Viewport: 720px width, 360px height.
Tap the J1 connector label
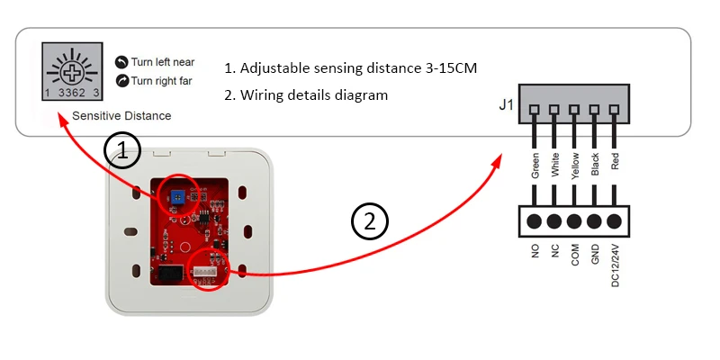pyautogui.click(x=507, y=106)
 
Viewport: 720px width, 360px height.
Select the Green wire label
pyautogui.click(x=535, y=168)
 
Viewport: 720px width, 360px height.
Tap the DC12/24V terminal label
pyautogui.click(x=616, y=262)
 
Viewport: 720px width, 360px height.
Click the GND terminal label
pyautogui.click(x=596, y=252)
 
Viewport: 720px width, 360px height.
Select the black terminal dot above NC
pyautogui.click(x=554, y=221)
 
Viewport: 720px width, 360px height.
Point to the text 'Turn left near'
pyautogui.click(x=163, y=62)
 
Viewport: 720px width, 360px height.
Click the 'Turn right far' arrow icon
pyautogui.click(x=122, y=81)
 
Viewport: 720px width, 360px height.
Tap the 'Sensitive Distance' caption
pyautogui.click(x=121, y=116)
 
